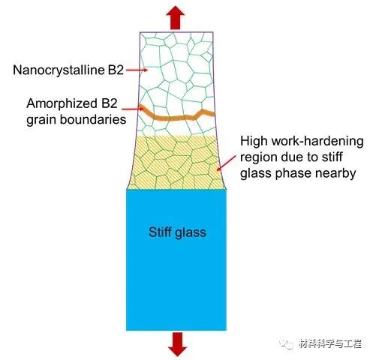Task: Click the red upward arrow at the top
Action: pyautogui.click(x=176, y=18)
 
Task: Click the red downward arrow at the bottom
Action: pyautogui.click(x=177, y=344)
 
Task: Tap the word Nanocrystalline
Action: pyautogui.click(x=59, y=70)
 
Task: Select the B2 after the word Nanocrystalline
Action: pyautogui.click(x=116, y=70)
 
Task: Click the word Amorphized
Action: pyautogui.click(x=60, y=104)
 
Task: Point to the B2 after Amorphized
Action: pyautogui.click(x=110, y=103)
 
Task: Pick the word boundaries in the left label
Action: pyautogui.click(x=93, y=119)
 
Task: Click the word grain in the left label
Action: pyautogui.click(x=42, y=121)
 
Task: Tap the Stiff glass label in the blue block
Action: pyautogui.click(x=177, y=232)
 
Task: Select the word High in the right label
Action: pyautogui.click(x=254, y=141)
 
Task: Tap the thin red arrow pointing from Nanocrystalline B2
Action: pyautogui.click(x=137, y=70)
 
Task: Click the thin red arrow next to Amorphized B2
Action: pyautogui.click(x=133, y=109)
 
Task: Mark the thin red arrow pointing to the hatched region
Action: pyautogui.click(x=226, y=163)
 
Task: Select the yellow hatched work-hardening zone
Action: pyautogui.click(x=176, y=162)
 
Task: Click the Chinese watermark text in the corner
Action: pyautogui.click(x=329, y=343)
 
